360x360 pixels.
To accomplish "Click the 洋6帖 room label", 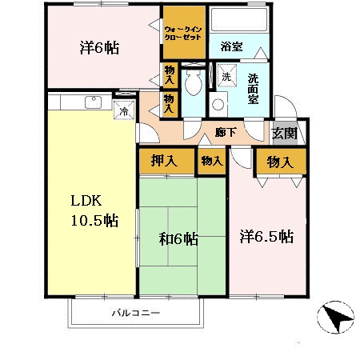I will [100, 47].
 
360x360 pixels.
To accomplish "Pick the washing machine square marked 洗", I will [226, 77].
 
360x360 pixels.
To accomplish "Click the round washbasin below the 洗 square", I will [218, 105].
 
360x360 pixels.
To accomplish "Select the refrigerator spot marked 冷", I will [124, 111].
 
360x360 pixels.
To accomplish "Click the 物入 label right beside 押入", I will [211, 161].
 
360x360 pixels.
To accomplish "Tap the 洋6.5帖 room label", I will [267, 237].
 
